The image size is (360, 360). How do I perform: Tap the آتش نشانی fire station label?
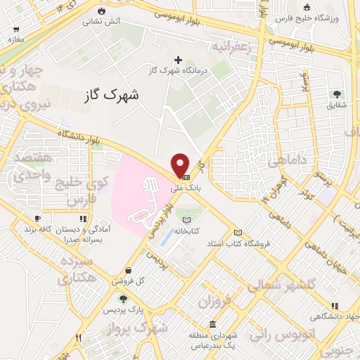(102, 22)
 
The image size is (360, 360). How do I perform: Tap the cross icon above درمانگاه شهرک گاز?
(178, 60)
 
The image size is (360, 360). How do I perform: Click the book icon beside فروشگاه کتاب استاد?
(238, 233)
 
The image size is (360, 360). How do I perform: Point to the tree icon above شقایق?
(337, 94)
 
